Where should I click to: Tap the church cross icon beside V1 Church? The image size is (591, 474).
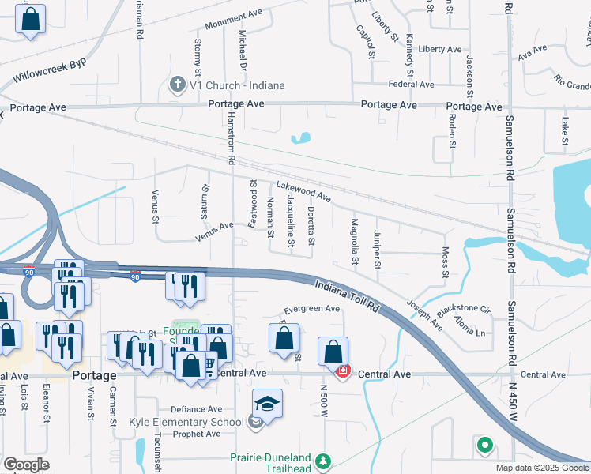click(179, 84)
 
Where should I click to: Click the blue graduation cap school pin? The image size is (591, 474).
click(268, 404)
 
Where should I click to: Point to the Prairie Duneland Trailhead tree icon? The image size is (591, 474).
click(322, 461)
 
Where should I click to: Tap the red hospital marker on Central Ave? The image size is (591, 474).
click(343, 371)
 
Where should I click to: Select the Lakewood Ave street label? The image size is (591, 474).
click(303, 190)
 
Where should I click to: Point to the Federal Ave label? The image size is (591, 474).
click(411, 84)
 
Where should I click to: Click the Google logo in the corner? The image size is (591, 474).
click(26, 465)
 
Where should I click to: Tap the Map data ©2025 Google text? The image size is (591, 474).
click(541, 468)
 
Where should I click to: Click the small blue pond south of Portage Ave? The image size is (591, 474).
click(300, 139)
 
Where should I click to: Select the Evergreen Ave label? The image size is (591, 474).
click(311, 309)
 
